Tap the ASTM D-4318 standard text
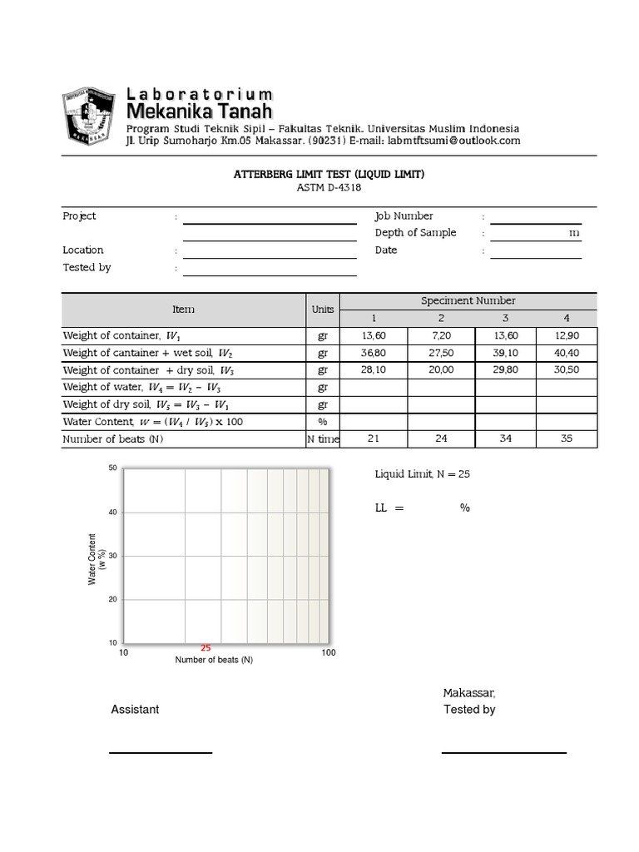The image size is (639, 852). (319, 188)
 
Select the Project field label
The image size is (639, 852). (80, 216)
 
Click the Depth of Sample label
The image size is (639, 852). (415, 233)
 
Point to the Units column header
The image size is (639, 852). (323, 309)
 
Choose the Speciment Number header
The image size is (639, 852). (468, 300)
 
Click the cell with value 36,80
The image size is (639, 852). (374, 353)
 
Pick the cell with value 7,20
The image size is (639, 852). (441, 335)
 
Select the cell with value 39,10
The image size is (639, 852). (505, 353)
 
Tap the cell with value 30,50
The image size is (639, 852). (567, 370)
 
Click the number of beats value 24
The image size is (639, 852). (441, 439)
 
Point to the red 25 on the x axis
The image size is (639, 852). (206, 648)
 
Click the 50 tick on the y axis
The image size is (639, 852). (112, 469)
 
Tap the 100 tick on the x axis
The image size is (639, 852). (328, 653)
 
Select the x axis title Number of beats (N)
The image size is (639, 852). (214, 661)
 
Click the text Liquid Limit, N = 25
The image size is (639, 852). (423, 474)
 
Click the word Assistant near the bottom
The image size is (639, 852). (135, 710)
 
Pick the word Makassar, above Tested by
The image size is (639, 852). (468, 693)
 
